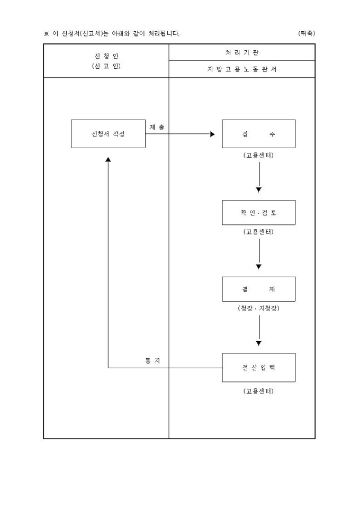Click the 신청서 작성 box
click(108, 134)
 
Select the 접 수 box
click(258, 134)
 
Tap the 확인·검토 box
click(258, 213)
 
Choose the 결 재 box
click(258, 289)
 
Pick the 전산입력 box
click(258, 368)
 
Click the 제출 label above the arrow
click(157, 127)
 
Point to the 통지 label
click(153, 360)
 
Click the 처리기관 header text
click(242, 52)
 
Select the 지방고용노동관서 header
click(242, 69)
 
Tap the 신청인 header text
click(106, 56)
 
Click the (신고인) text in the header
click(106, 66)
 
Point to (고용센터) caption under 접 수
click(258, 156)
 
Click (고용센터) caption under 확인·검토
click(258, 232)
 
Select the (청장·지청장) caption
click(258, 308)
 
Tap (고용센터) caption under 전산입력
click(258, 391)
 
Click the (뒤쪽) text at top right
click(307, 33)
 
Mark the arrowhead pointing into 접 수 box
click(213, 134)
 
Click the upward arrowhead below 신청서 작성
click(108, 159)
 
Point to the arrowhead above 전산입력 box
click(258, 343)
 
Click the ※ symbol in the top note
click(46, 34)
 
